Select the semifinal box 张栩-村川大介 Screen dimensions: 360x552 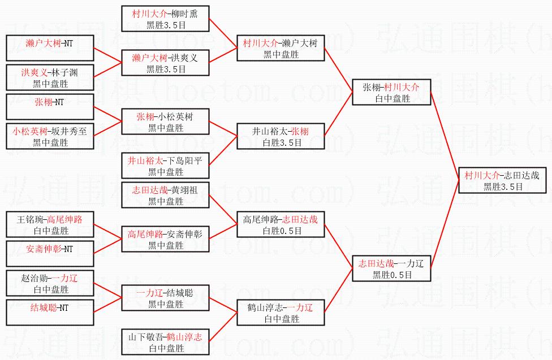click(x=391, y=92)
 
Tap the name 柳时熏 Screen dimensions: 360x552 click(x=182, y=14)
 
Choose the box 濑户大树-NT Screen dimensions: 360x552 click(x=49, y=48)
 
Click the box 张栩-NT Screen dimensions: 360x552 click(x=49, y=107)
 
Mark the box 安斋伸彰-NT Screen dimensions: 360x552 click(x=49, y=254)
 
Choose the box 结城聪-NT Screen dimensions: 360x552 click(x=49, y=313)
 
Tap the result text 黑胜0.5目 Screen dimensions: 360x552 click(x=392, y=275)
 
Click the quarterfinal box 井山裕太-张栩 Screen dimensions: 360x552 click(x=281, y=136)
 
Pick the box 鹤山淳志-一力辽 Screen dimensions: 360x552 click(x=281, y=313)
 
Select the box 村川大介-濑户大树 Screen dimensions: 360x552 click(x=281, y=48)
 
